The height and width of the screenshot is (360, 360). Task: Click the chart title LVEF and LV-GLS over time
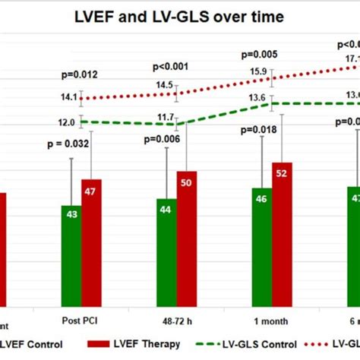(180, 17)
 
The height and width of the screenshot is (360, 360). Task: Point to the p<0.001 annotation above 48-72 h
(175, 65)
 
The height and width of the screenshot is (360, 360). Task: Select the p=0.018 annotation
(260, 131)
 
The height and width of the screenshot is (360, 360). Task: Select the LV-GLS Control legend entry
(240, 344)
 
